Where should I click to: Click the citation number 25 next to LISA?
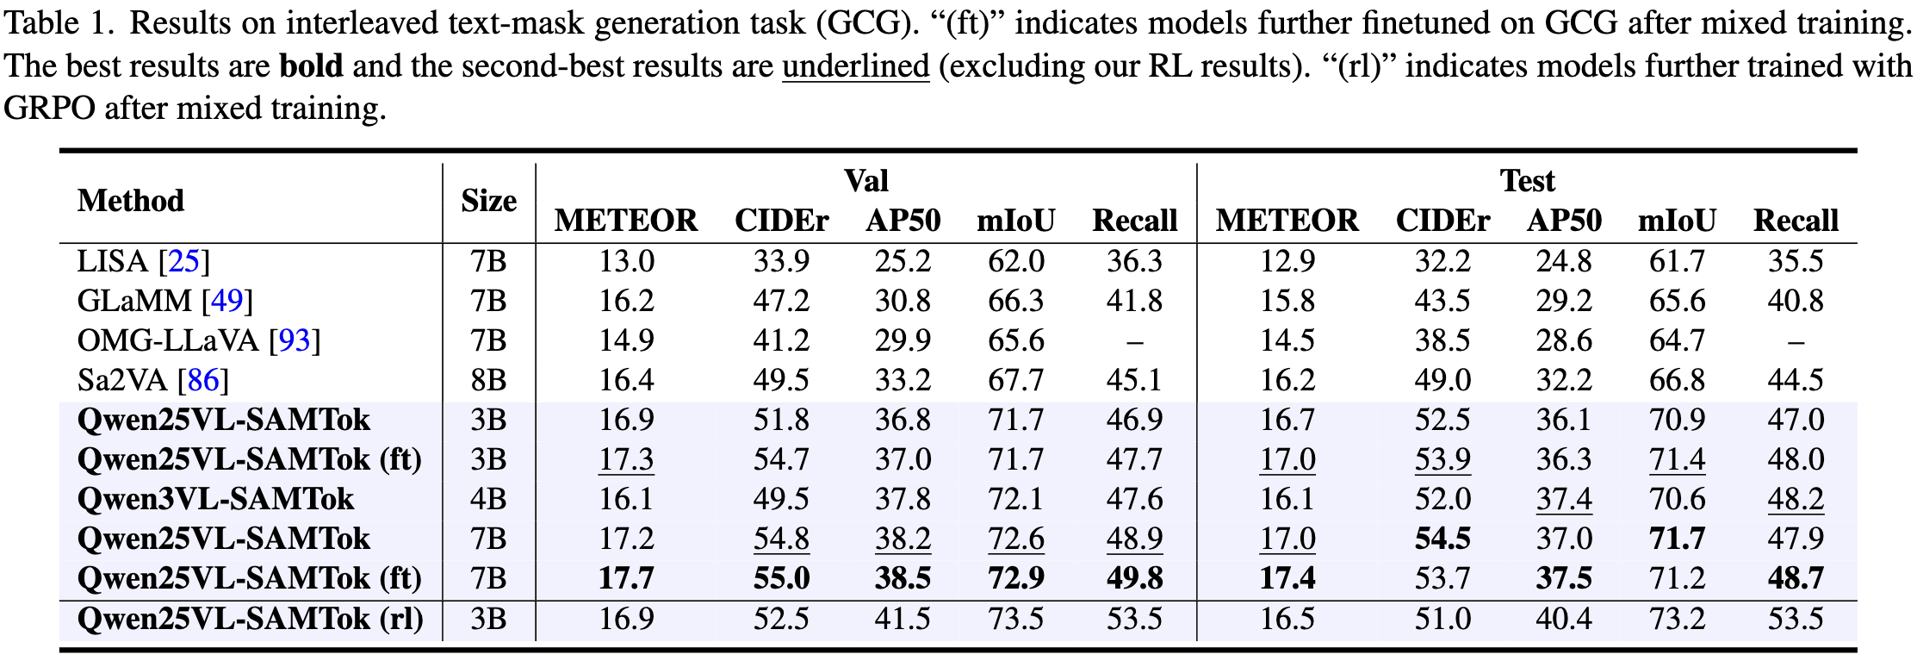pos(184,261)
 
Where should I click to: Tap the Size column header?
pos(488,201)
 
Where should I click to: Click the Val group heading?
pos(865,181)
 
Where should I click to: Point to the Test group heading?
pos(1527,181)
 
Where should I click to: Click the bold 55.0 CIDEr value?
pos(781,578)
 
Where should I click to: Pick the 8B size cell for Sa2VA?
pos(488,380)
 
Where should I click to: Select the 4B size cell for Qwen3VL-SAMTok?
pos(488,499)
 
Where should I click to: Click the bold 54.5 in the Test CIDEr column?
pos(1442,539)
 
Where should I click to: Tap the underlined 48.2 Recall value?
pos(1796,499)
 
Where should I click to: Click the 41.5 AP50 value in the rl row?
pos(903,619)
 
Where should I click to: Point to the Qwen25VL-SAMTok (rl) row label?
pos(250,619)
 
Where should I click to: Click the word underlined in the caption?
pos(855,66)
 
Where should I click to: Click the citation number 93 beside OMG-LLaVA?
pos(295,340)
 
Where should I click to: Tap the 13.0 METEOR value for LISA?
pos(626,261)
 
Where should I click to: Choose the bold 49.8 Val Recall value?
pos(1134,578)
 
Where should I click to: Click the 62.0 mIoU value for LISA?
pos(1015,261)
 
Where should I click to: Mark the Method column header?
pos(131,201)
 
